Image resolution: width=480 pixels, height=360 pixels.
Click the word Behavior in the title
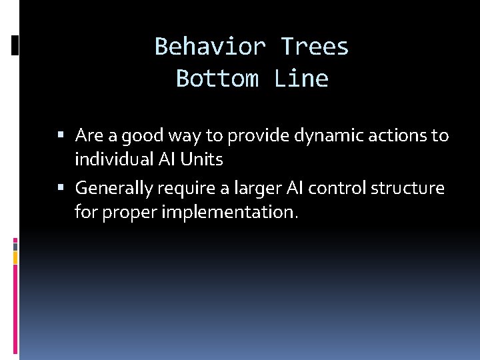(x=210, y=47)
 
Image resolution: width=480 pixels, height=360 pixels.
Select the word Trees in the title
(x=315, y=47)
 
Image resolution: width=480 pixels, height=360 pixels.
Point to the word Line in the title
(x=301, y=79)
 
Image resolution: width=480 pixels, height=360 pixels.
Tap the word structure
(x=407, y=189)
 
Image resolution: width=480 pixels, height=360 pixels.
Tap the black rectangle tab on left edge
(x=15, y=45)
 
